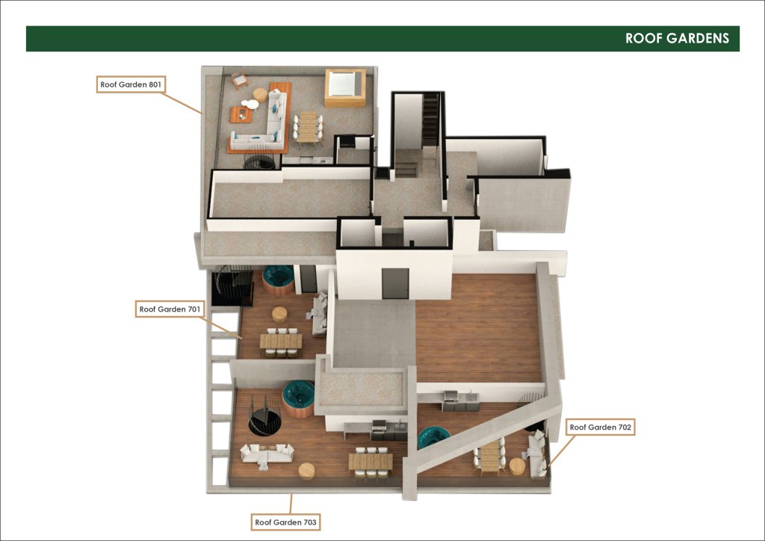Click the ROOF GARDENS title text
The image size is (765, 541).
677,39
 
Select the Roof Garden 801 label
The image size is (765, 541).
131,84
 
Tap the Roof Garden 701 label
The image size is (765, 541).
170,309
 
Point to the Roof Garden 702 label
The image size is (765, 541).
600,427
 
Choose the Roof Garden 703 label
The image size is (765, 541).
285,522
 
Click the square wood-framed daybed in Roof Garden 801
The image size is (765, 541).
345,88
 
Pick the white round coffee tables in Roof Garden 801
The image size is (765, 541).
250,104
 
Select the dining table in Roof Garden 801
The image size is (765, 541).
308,127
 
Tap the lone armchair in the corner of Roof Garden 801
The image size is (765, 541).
240,80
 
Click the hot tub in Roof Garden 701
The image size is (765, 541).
278,280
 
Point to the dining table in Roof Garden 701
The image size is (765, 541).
281,341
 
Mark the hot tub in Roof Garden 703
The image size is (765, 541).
298,398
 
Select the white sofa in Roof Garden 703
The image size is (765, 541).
267,454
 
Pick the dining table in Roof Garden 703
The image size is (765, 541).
371,462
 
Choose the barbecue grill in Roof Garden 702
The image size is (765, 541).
450,400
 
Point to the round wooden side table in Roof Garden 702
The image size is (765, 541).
517,466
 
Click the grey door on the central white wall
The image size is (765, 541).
395,283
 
